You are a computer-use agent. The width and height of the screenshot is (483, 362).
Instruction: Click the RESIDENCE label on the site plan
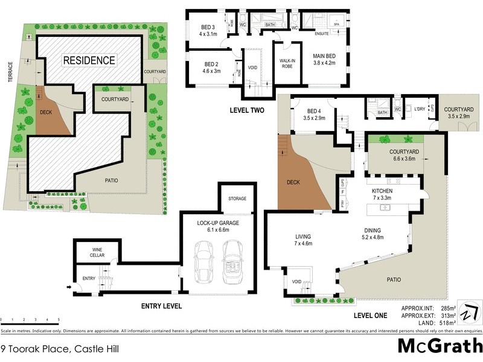click(89, 60)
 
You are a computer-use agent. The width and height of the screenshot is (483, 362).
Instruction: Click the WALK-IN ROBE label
click(287, 65)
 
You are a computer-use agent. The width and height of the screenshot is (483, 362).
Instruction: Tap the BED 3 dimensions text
click(211, 34)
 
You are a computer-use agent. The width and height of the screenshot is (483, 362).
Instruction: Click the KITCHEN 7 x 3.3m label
click(382, 194)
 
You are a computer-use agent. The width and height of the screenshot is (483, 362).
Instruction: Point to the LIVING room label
click(302, 237)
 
